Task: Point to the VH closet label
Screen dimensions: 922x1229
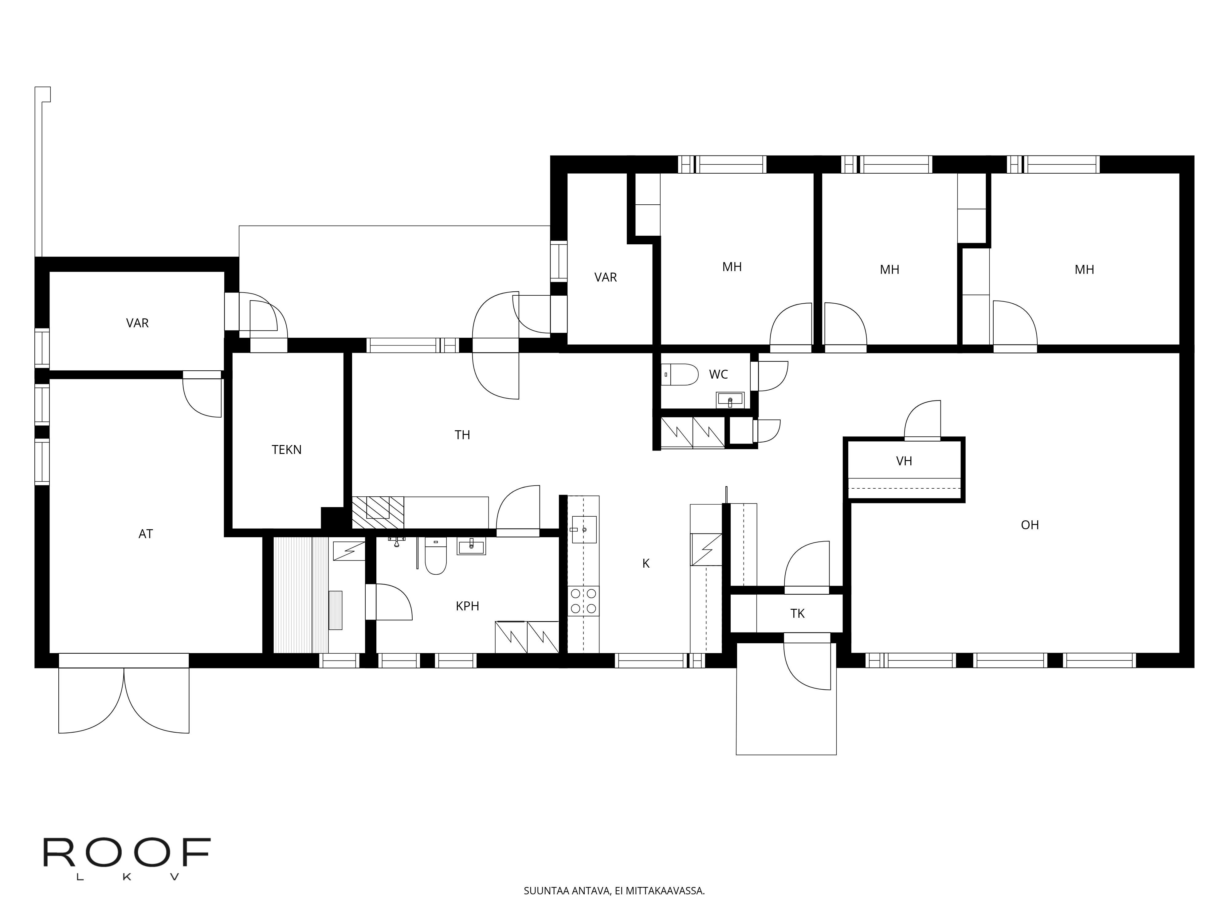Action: click(904, 461)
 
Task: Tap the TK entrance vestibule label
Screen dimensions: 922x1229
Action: click(797, 613)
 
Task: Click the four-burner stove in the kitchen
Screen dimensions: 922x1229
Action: click(583, 601)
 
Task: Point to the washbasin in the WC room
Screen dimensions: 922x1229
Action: click(729, 399)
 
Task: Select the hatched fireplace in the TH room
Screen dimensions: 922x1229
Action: click(378, 512)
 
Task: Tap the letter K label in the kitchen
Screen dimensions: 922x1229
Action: click(646, 564)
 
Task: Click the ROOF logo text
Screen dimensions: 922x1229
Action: click(127, 853)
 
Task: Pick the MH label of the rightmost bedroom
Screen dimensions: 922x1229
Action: click(1084, 270)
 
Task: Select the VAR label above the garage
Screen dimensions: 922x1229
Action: click(137, 323)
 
